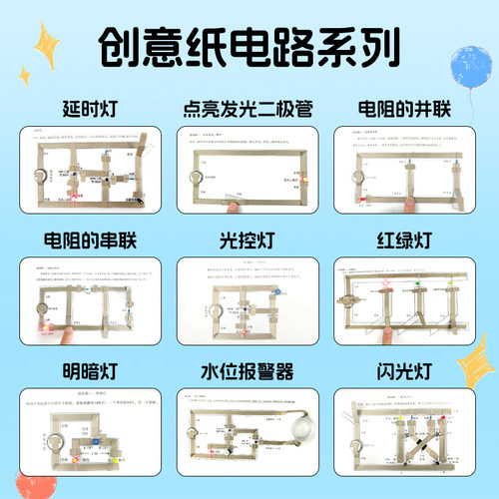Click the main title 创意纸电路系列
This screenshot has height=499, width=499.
(x=249, y=47)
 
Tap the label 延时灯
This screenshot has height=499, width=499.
(x=83, y=109)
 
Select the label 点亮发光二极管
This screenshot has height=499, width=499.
(x=249, y=109)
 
